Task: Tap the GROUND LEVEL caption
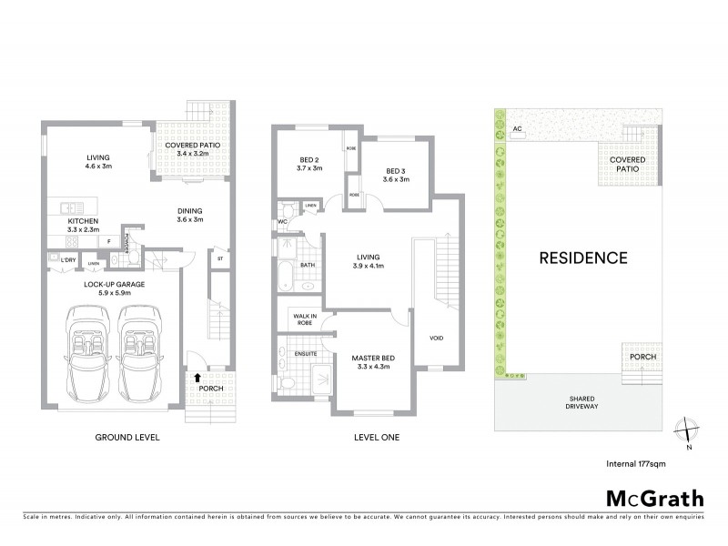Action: coord(127,438)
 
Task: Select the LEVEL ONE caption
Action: coord(376,438)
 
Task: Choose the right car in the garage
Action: coord(141,351)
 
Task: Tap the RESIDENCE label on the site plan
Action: coord(583,258)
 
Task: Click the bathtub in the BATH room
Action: coord(287,275)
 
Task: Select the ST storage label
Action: coord(220,258)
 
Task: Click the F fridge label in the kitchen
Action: coord(108,240)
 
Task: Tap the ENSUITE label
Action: coord(306,352)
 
